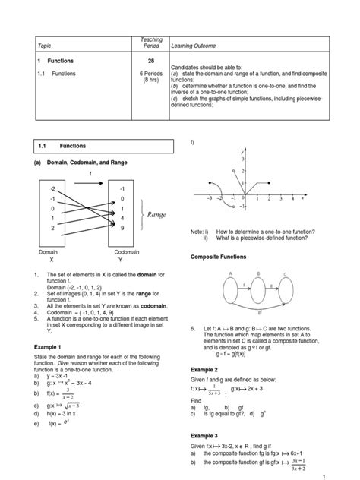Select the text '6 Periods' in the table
point(152,73)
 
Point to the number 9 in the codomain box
point(122,228)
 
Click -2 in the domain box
point(52,187)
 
